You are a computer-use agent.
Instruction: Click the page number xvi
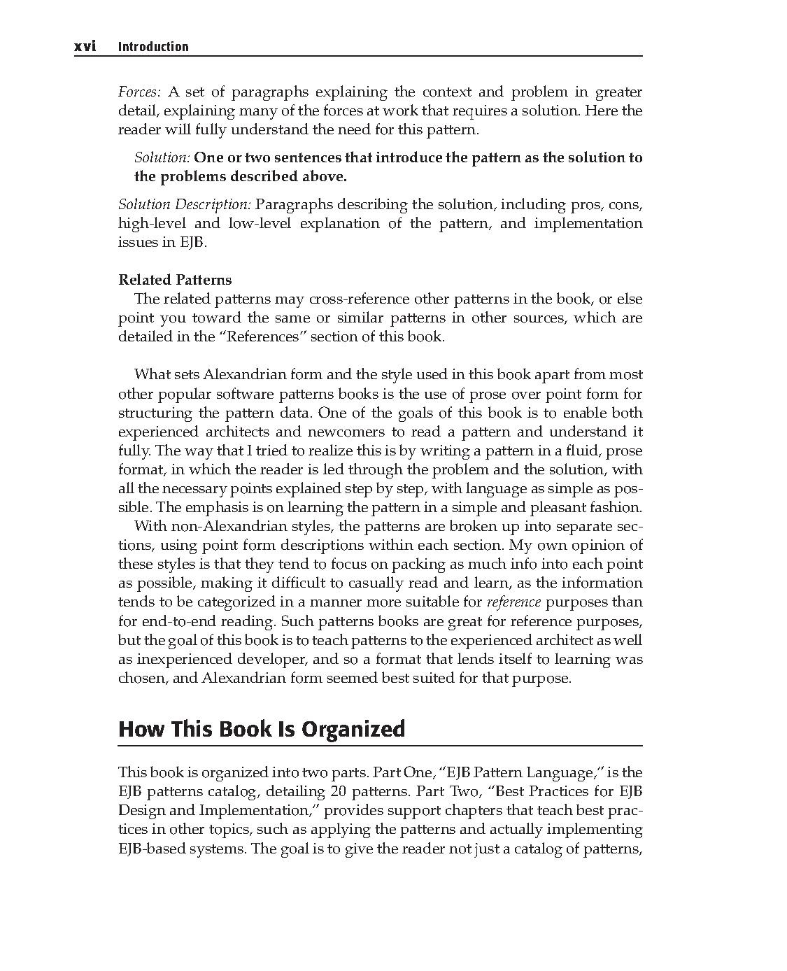coord(85,47)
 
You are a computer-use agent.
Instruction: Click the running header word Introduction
coord(153,47)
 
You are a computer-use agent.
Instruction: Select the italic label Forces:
coord(140,92)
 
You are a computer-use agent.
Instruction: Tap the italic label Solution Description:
coord(184,205)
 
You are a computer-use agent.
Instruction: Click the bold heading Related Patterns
coord(175,280)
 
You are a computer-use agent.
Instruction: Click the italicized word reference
coord(513,602)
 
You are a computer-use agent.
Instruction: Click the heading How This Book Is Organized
coord(262,729)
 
